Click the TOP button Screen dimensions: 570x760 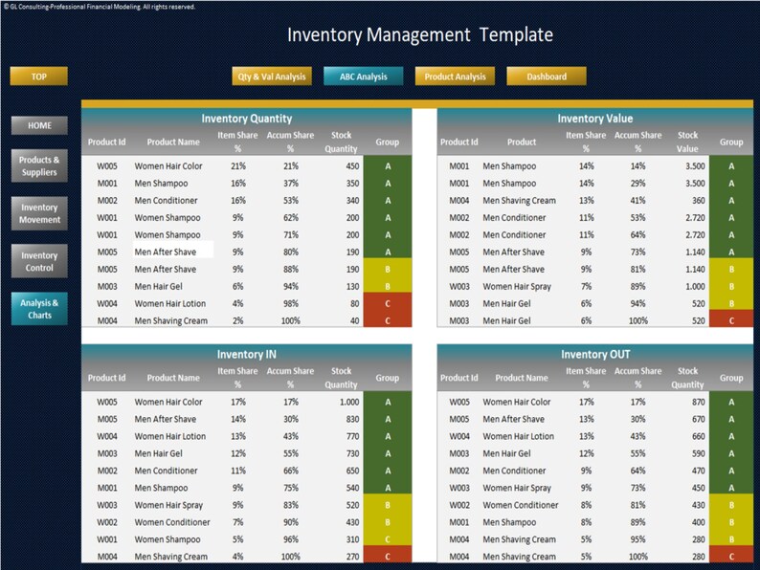click(x=38, y=77)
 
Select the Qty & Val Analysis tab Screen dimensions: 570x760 click(x=272, y=77)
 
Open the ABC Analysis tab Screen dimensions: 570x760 click(x=364, y=77)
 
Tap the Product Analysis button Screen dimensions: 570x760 click(x=455, y=77)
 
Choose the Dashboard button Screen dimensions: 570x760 click(x=546, y=77)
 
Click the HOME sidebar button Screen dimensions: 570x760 click(x=39, y=125)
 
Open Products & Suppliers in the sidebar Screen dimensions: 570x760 click(x=39, y=165)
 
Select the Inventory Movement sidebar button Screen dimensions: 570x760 click(x=39, y=213)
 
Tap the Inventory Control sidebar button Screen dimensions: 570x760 click(x=39, y=261)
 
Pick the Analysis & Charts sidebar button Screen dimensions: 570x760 click(x=39, y=309)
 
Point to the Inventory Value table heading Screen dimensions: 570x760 click(x=594, y=119)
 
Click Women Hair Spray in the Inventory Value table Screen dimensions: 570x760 click(x=518, y=286)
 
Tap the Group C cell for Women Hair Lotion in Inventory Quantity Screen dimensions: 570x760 click(x=388, y=303)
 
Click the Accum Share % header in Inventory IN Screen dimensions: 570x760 click(x=290, y=378)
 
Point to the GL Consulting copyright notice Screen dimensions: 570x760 click(x=100, y=7)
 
